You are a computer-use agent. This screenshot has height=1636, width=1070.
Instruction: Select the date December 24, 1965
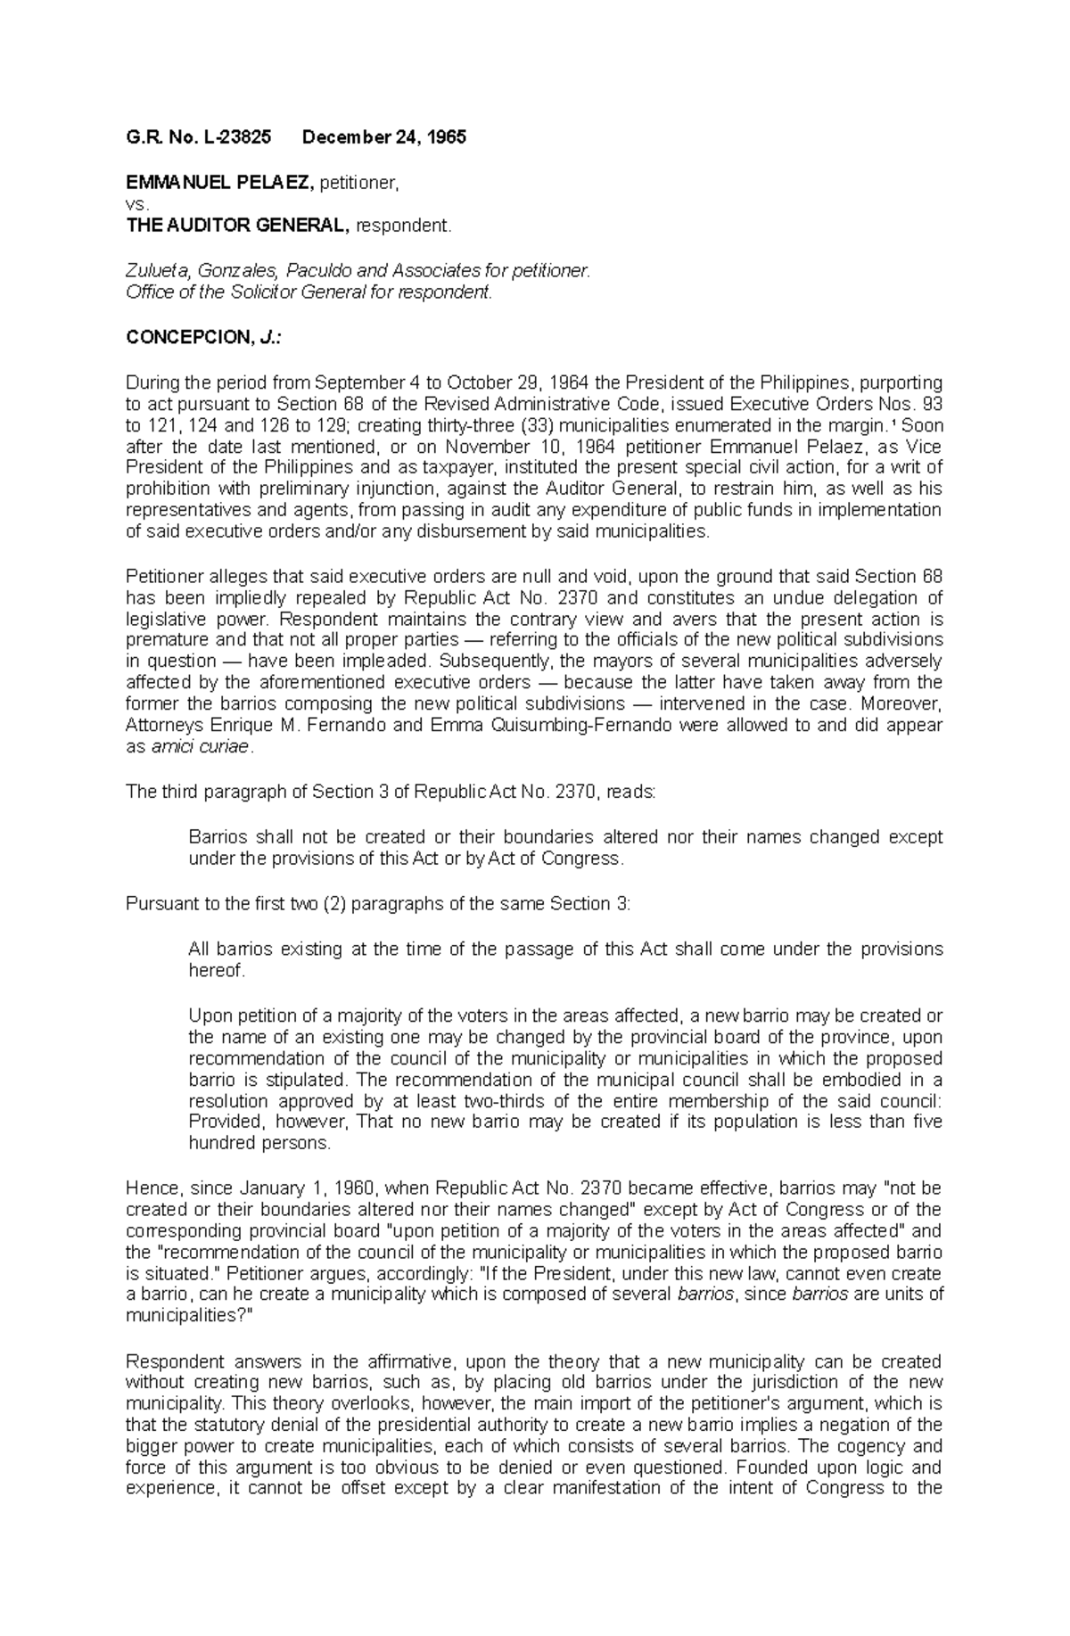click(x=383, y=138)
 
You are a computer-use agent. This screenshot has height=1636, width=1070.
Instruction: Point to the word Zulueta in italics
click(x=152, y=270)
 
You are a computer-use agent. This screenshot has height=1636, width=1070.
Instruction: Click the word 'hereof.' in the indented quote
click(x=216, y=971)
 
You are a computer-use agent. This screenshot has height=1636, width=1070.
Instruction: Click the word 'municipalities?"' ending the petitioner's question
click(x=189, y=1316)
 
